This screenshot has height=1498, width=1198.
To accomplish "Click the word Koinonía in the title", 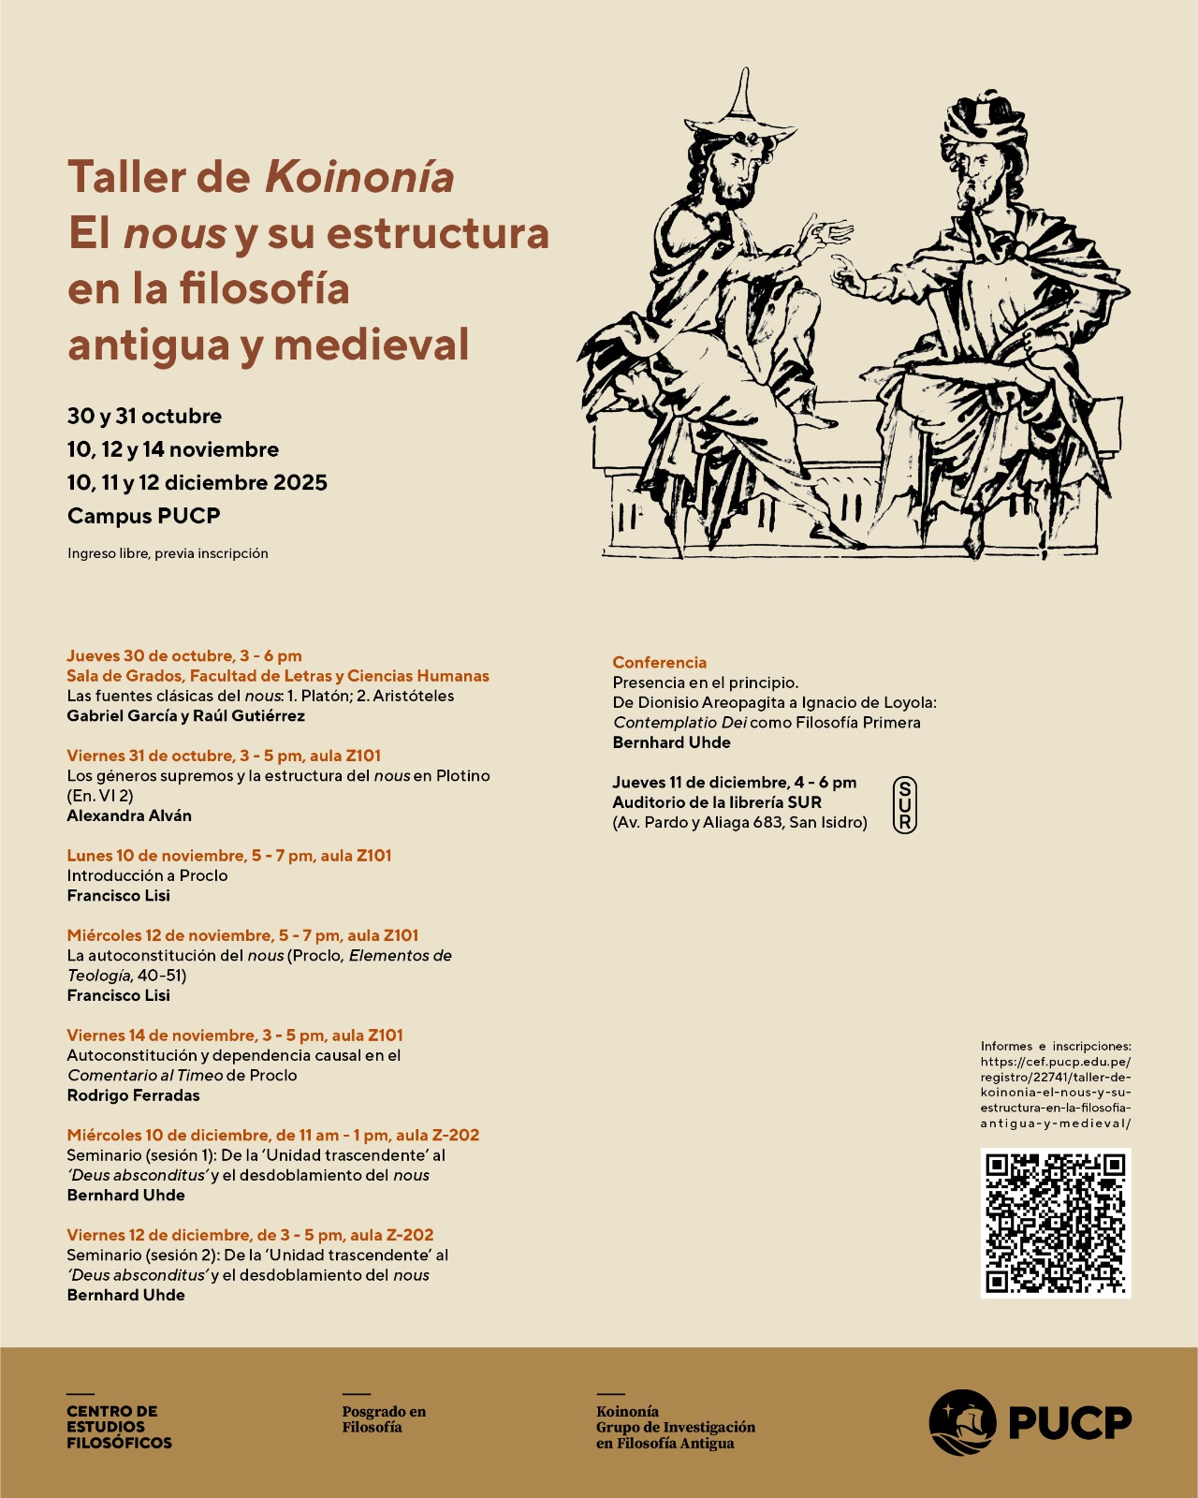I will pyautogui.click(x=359, y=177).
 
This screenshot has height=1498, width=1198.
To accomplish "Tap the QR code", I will pyautogui.click(x=1056, y=1223).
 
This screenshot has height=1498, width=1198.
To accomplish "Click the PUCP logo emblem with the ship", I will pyautogui.click(x=961, y=1422).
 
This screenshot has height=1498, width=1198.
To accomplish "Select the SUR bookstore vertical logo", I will pyautogui.click(x=904, y=805).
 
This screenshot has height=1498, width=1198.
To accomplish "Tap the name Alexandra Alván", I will pyautogui.click(x=129, y=815).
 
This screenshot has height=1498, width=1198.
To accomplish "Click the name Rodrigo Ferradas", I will pyautogui.click(x=133, y=1095).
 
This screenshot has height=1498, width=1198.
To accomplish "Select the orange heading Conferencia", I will pyautogui.click(x=659, y=662).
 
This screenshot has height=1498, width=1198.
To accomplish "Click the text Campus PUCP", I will pyautogui.click(x=143, y=516).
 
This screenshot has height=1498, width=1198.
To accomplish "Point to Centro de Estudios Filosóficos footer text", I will pyautogui.click(x=119, y=1427).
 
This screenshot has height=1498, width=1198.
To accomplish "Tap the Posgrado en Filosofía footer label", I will pyautogui.click(x=383, y=1419).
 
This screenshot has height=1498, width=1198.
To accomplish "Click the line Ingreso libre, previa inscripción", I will pyautogui.click(x=168, y=553).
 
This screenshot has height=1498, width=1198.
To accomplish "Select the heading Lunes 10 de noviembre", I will pyautogui.click(x=228, y=856).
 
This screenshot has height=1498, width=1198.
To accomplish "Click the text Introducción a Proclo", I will pyautogui.click(x=147, y=875).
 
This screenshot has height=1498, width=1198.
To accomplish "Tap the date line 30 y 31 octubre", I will pyautogui.click(x=144, y=417).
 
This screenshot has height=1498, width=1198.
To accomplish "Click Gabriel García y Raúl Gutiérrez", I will pyautogui.click(x=185, y=716).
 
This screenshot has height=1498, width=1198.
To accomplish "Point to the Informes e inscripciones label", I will pyautogui.click(x=1055, y=1046).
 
